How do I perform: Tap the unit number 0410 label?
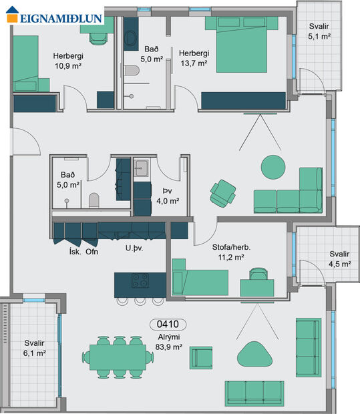click(170, 325)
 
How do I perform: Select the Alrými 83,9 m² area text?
click(170, 343)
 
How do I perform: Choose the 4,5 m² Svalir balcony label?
click(339, 258)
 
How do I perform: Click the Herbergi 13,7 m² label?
click(194, 59)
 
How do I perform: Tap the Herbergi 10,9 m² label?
click(73, 61)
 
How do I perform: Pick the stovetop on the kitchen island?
click(140, 280)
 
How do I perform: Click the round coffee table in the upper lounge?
click(272, 166)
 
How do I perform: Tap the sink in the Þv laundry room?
click(142, 168)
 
